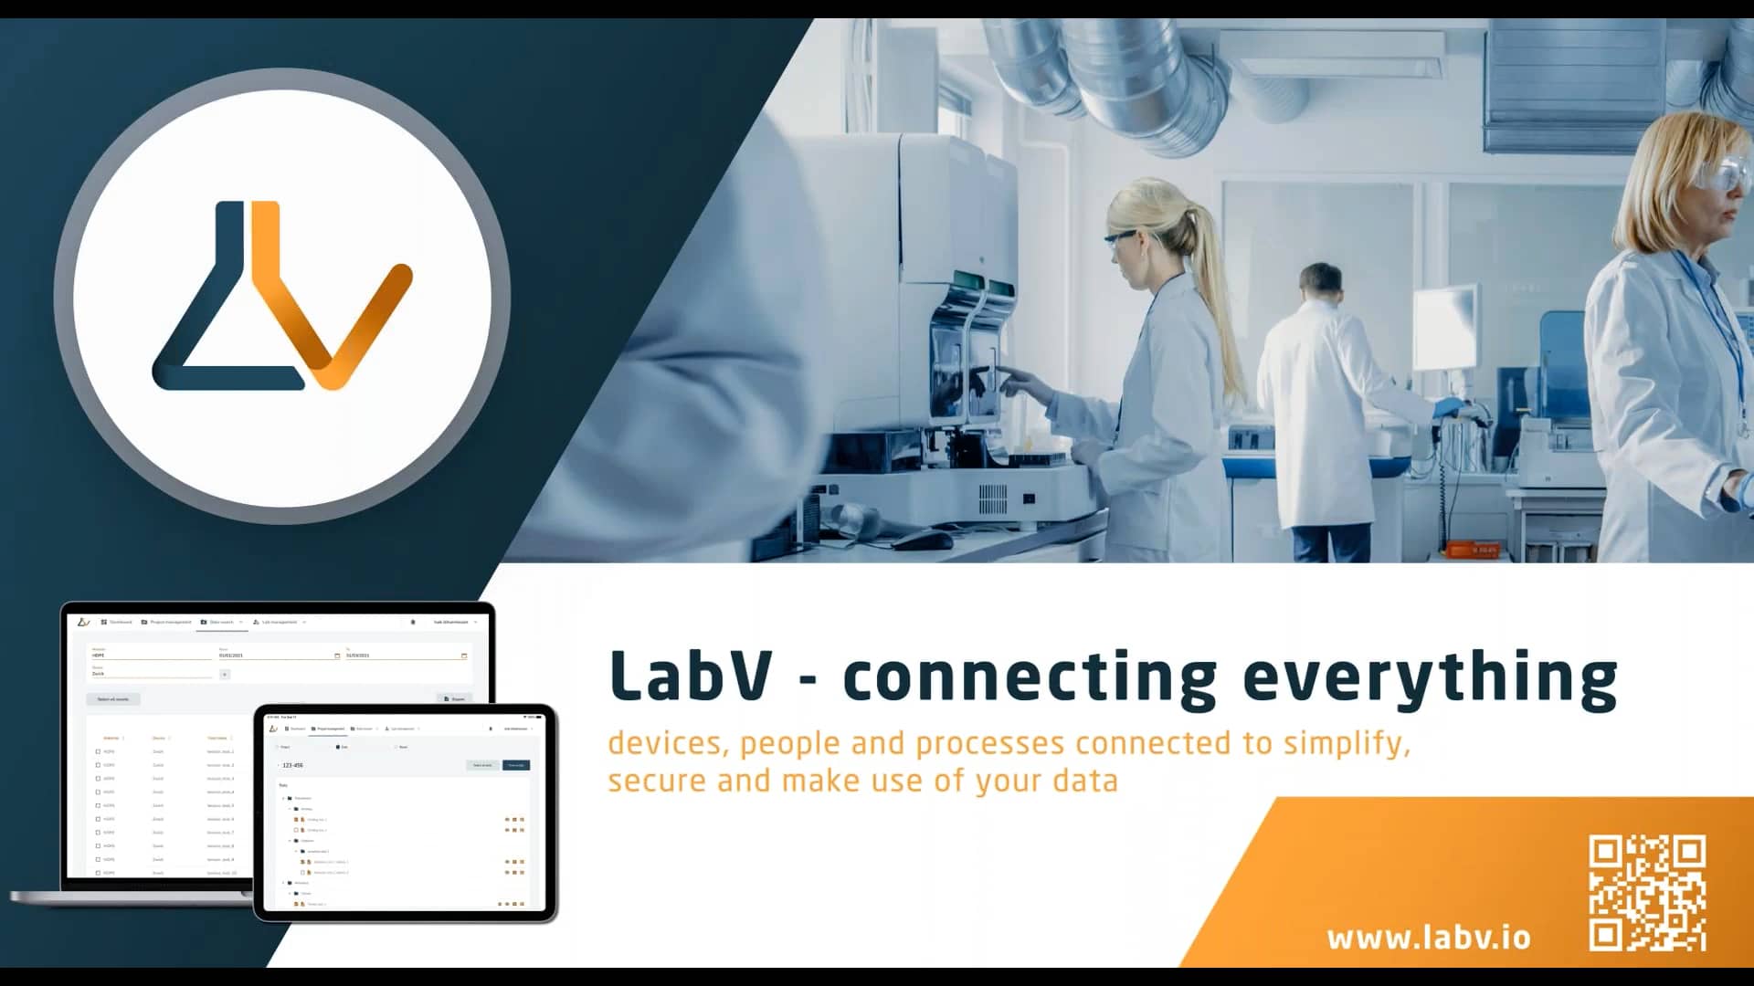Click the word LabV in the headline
point(691,677)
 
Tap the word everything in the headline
point(1430,678)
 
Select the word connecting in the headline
point(1030,678)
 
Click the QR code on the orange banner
point(1647,892)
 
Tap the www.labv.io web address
point(1428,938)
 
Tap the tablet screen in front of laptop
point(404,813)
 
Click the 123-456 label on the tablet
point(292,765)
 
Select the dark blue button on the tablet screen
point(516,765)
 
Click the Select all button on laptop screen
point(113,699)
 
